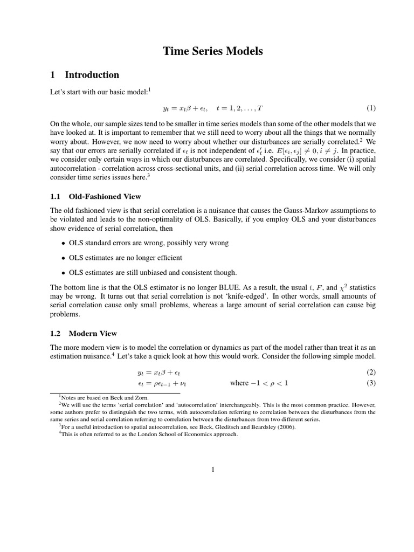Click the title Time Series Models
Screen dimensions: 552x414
click(x=213, y=52)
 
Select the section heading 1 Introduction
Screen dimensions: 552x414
click(x=84, y=75)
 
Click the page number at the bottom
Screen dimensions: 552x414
click(x=213, y=470)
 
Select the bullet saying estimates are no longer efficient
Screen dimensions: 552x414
click(x=125, y=258)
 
